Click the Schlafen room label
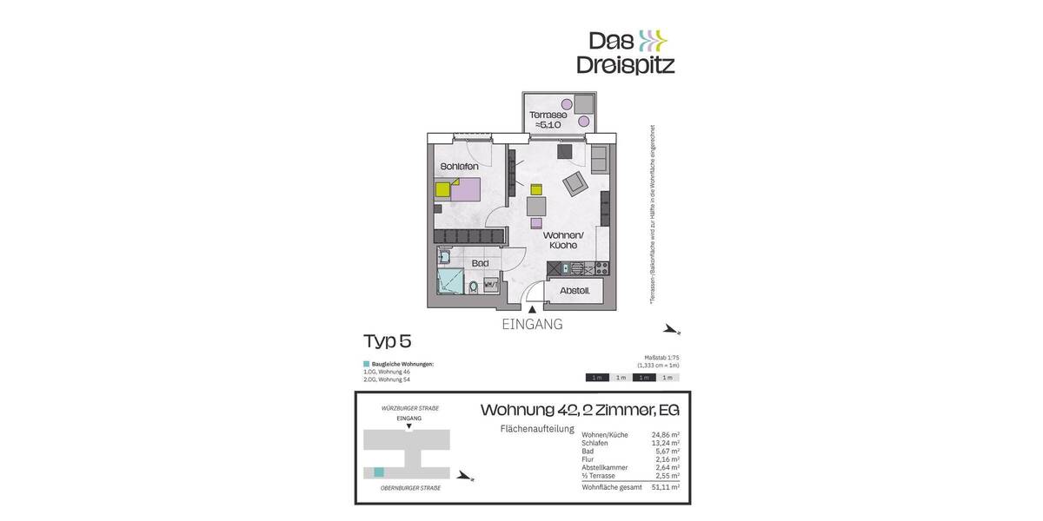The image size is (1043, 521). (x=460, y=166)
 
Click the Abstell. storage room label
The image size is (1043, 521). (x=575, y=291)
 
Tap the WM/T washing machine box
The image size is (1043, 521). (x=490, y=284)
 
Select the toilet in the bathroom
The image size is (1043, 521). (x=472, y=286)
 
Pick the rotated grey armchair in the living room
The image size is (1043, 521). (x=575, y=183)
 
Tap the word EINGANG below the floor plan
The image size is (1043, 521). (x=532, y=325)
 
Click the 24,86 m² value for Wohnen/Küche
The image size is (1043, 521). (x=665, y=435)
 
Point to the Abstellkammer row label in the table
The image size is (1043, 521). (x=605, y=467)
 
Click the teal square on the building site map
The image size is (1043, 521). (x=378, y=472)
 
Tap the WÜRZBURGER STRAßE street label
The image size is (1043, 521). (x=409, y=408)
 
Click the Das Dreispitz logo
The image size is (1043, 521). (x=625, y=52)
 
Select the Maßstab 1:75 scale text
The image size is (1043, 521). (x=661, y=358)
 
